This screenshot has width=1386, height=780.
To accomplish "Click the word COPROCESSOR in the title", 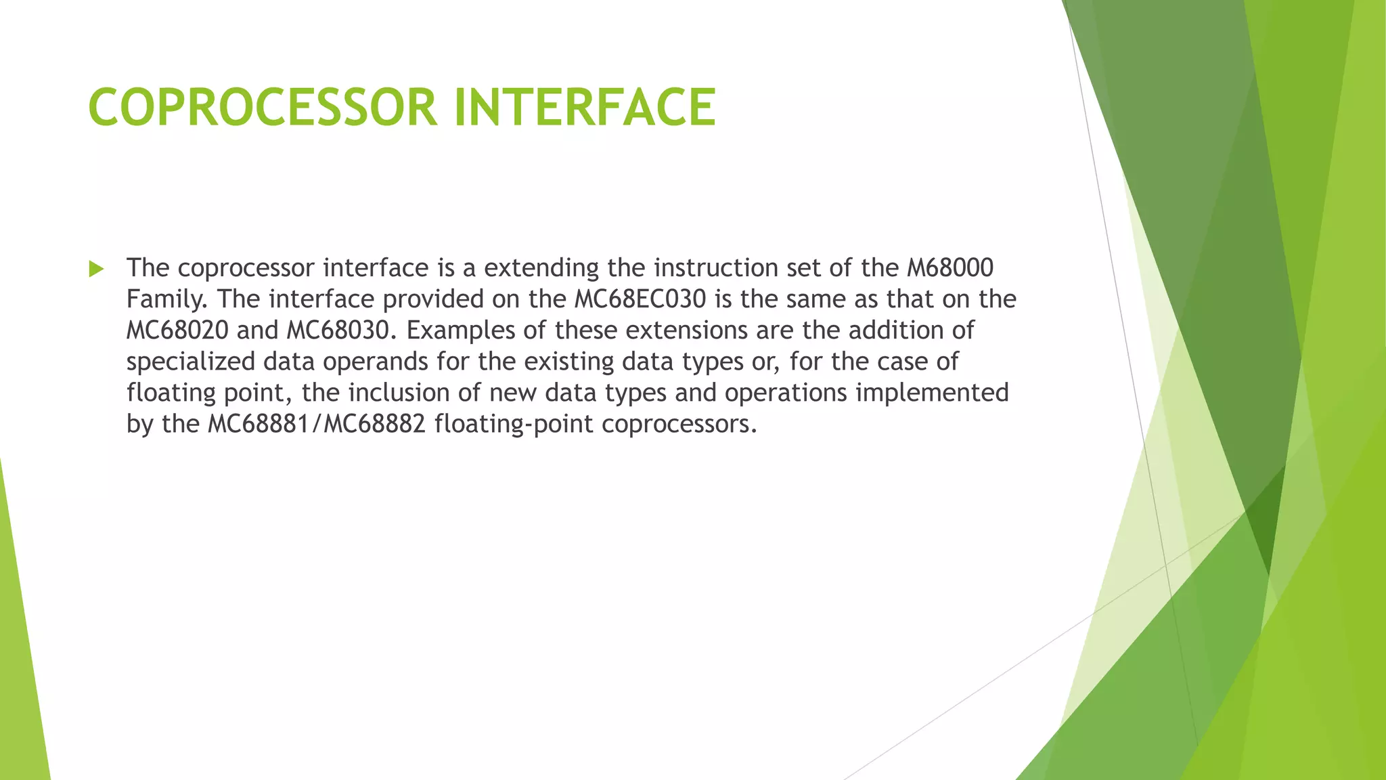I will point(263,107).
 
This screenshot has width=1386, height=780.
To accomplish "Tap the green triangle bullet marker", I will point(96,269).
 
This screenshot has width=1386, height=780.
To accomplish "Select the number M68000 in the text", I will point(949,268).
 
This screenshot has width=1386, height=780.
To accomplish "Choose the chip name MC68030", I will point(340,330).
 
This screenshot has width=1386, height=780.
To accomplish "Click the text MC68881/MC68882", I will point(317,424).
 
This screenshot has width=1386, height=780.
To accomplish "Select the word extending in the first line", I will point(541,268).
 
